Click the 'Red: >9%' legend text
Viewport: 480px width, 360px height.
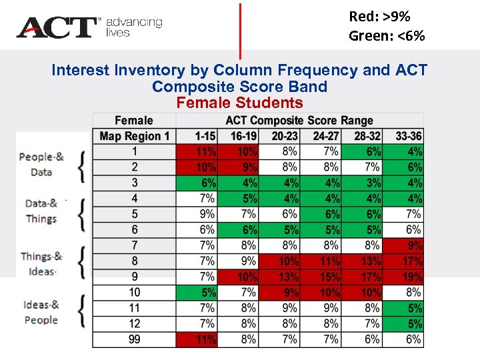tap(379, 16)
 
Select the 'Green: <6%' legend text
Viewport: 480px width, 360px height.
tap(386, 35)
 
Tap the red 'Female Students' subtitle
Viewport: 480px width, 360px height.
tap(239, 103)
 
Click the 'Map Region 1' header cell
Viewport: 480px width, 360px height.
tap(134, 136)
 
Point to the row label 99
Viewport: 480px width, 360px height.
tap(134, 339)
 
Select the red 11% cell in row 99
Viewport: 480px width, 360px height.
tap(197, 339)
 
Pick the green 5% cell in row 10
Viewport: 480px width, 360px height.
tap(197, 292)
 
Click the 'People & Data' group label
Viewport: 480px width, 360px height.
tap(41, 164)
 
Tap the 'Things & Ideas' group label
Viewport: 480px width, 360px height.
tap(41, 263)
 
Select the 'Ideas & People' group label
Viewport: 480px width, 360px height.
tap(41, 312)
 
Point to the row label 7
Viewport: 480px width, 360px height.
tap(134, 245)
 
